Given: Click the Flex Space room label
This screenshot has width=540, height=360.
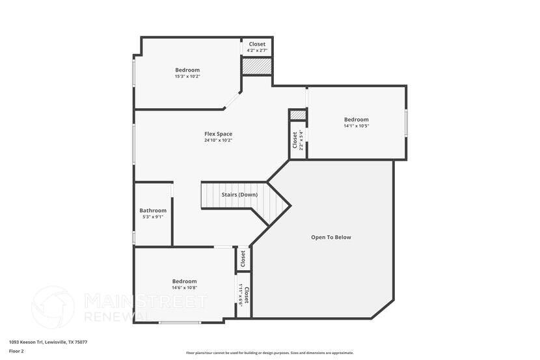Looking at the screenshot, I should tap(218, 134).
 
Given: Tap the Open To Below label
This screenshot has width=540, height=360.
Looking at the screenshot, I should tap(331, 238).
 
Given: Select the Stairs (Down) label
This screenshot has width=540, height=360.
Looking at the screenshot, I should tap(239, 195).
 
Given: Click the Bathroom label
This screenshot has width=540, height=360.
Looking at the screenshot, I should tap(153, 210).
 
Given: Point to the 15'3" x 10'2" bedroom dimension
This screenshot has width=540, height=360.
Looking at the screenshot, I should tap(187, 76).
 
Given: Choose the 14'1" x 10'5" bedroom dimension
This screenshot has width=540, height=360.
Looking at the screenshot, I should tap(356, 126).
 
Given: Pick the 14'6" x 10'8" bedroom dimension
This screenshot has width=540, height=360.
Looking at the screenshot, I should tap(184, 288).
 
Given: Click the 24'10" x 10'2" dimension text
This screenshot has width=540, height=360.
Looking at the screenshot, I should tap(218, 140).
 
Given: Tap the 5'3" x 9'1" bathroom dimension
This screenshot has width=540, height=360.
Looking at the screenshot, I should tap(153, 217).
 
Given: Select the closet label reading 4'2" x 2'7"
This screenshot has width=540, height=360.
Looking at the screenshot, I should tap(257, 50).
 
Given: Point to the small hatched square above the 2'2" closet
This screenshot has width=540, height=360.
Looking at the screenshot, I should tap(297, 115).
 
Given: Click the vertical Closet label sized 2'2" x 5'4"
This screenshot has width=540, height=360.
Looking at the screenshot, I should tap(295, 140).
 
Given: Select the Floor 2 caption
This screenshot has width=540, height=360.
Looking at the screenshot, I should tap(16, 351).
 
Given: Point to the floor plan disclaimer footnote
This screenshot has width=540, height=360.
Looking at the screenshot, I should tap(270, 353).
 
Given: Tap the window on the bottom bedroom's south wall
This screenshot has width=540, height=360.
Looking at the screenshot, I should tap(180, 322).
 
